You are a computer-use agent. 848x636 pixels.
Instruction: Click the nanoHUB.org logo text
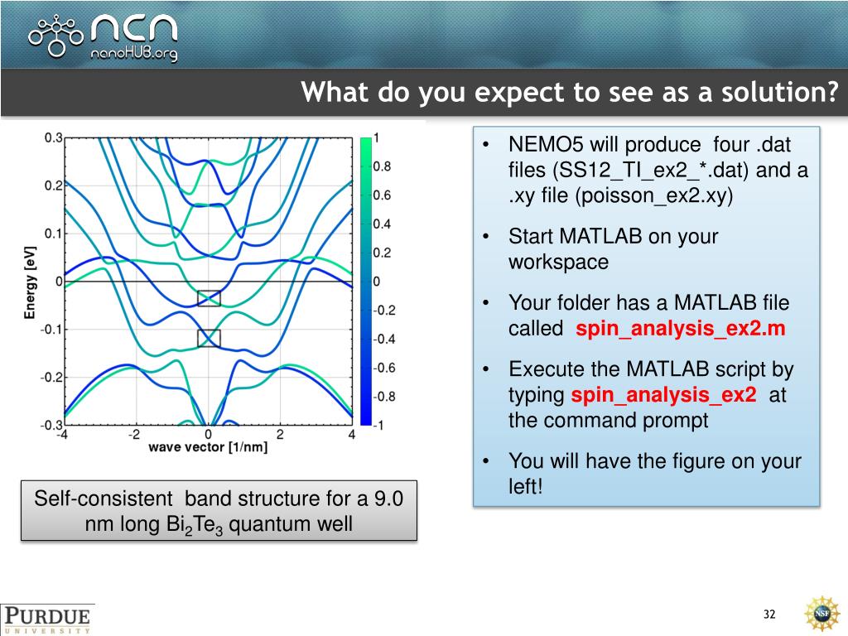pos(134,53)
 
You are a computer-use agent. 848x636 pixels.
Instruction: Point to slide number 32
pos(769,614)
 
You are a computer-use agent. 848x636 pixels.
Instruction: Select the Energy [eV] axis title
pos(30,282)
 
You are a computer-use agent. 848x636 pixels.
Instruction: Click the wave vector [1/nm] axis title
pos(208,447)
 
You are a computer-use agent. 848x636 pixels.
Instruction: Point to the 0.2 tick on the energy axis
pos(53,185)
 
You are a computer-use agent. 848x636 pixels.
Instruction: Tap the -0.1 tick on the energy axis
pos(51,330)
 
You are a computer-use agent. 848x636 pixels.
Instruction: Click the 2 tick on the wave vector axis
pos(280,434)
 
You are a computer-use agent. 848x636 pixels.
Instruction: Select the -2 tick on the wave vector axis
pos(134,434)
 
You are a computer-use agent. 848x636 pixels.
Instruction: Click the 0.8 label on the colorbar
pos(382,166)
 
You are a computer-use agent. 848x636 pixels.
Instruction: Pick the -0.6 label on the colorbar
pos(384,368)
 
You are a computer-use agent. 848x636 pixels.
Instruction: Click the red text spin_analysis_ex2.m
pos(681,329)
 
